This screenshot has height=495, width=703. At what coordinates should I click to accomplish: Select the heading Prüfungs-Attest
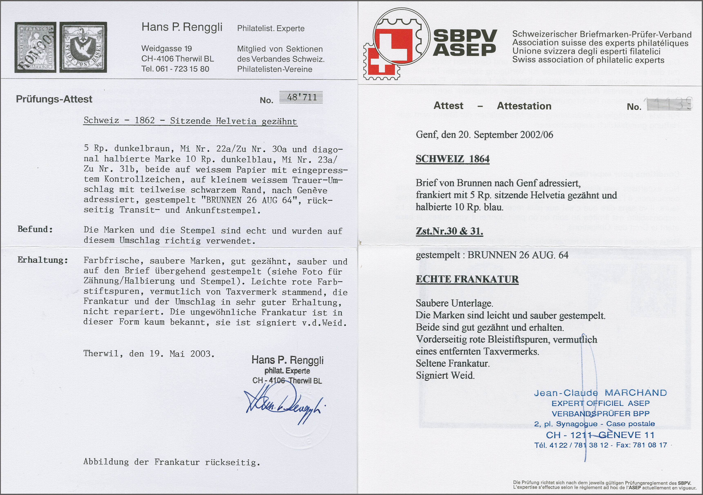pyautogui.click(x=54, y=99)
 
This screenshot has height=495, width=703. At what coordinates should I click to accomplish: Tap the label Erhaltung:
pyautogui.click(x=42, y=260)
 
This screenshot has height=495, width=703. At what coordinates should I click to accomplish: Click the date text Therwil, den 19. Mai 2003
pyautogui.click(x=149, y=354)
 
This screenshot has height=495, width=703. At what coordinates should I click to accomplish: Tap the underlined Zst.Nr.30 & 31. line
pyautogui.click(x=449, y=231)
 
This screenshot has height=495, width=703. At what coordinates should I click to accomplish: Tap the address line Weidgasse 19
pyautogui.click(x=167, y=48)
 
